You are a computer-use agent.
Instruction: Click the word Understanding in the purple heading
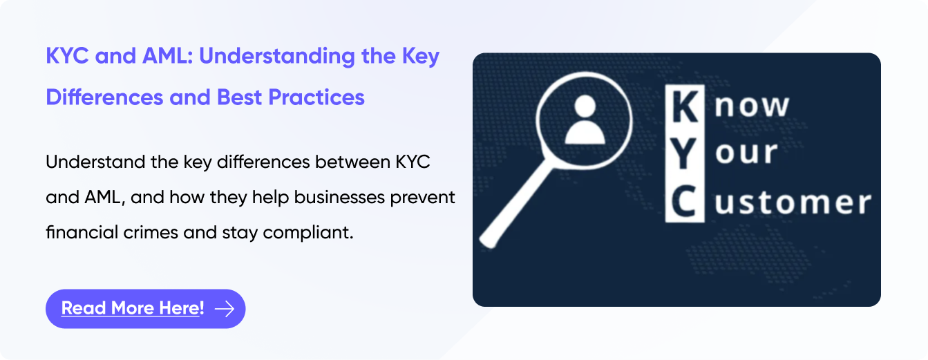pyautogui.click(x=277, y=57)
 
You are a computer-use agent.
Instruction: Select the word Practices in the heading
pyautogui.click(x=316, y=97)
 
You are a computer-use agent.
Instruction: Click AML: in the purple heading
pyautogui.click(x=167, y=57)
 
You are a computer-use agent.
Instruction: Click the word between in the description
pyautogui.click(x=352, y=162)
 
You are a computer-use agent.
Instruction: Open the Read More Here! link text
pyautogui.click(x=133, y=308)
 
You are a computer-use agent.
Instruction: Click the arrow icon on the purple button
pyautogui.click(x=225, y=309)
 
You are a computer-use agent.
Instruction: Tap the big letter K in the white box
pyautogui.click(x=684, y=106)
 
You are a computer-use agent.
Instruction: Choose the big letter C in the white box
pyautogui.click(x=684, y=202)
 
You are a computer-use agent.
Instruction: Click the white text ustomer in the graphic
pyautogui.click(x=793, y=202)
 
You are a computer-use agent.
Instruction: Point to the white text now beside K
pyautogui.click(x=752, y=106)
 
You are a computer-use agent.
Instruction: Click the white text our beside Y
pyautogui.click(x=746, y=153)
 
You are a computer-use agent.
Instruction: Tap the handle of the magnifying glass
pyautogui.click(x=516, y=205)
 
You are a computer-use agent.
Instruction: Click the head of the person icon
pyautogui.click(x=585, y=106)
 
